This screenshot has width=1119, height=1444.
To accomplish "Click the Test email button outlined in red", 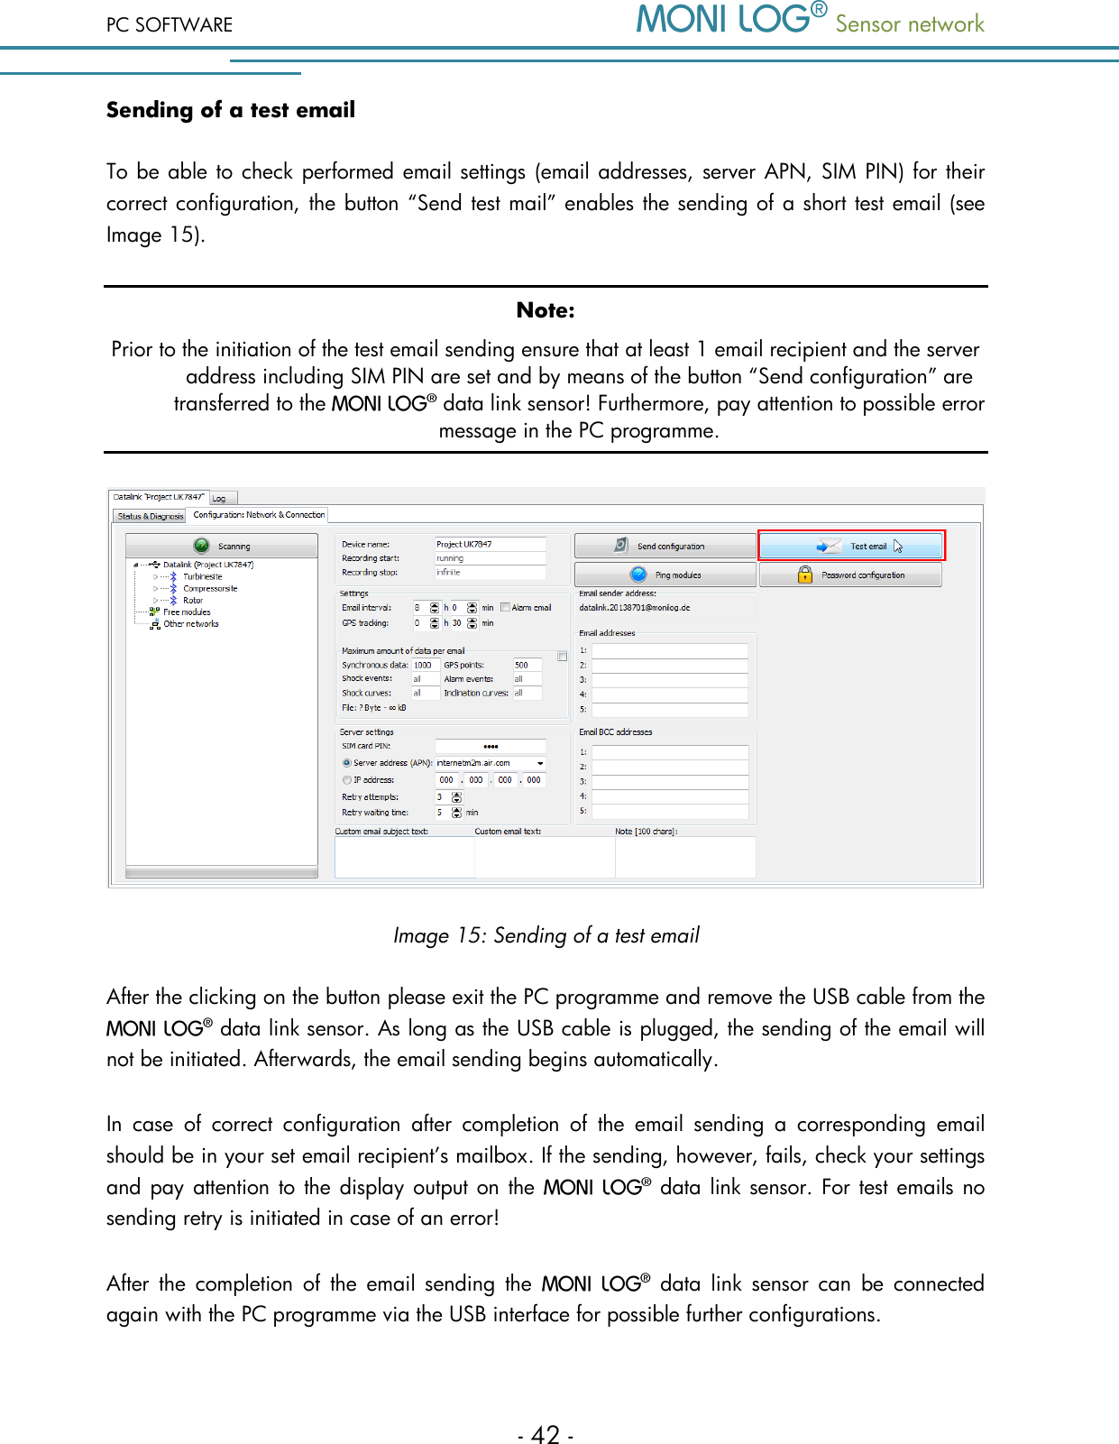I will [x=851, y=546].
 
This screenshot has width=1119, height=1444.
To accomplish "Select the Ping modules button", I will [x=665, y=575].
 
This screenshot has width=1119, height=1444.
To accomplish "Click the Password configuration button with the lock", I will [x=850, y=575].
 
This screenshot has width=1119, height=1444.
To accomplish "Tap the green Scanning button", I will [x=222, y=546].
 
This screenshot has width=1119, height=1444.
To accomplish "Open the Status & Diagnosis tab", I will [x=151, y=516].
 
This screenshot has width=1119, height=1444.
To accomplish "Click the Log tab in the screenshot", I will [x=220, y=498].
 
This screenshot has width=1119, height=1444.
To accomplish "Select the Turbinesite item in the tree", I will [x=202, y=576].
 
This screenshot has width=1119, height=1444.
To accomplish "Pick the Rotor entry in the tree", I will [x=193, y=600].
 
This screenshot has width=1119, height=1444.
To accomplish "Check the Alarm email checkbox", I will [x=506, y=607].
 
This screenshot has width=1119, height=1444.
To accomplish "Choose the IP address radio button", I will [x=347, y=780].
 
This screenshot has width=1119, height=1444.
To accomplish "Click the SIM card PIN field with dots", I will [x=491, y=746].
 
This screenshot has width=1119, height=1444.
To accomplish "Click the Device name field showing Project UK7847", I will [x=490, y=544].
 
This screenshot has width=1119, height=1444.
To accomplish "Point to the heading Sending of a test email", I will [x=231, y=110].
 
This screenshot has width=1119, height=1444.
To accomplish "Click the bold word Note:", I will [x=546, y=310].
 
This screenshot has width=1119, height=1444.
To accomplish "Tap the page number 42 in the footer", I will [x=546, y=1434].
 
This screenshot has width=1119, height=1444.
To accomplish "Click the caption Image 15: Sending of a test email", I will [x=546, y=935].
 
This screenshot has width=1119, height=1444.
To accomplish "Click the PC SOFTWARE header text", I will [x=170, y=24].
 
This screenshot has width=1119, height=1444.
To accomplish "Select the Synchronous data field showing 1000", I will [x=424, y=665].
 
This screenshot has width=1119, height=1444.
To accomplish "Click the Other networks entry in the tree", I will [x=190, y=623].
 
